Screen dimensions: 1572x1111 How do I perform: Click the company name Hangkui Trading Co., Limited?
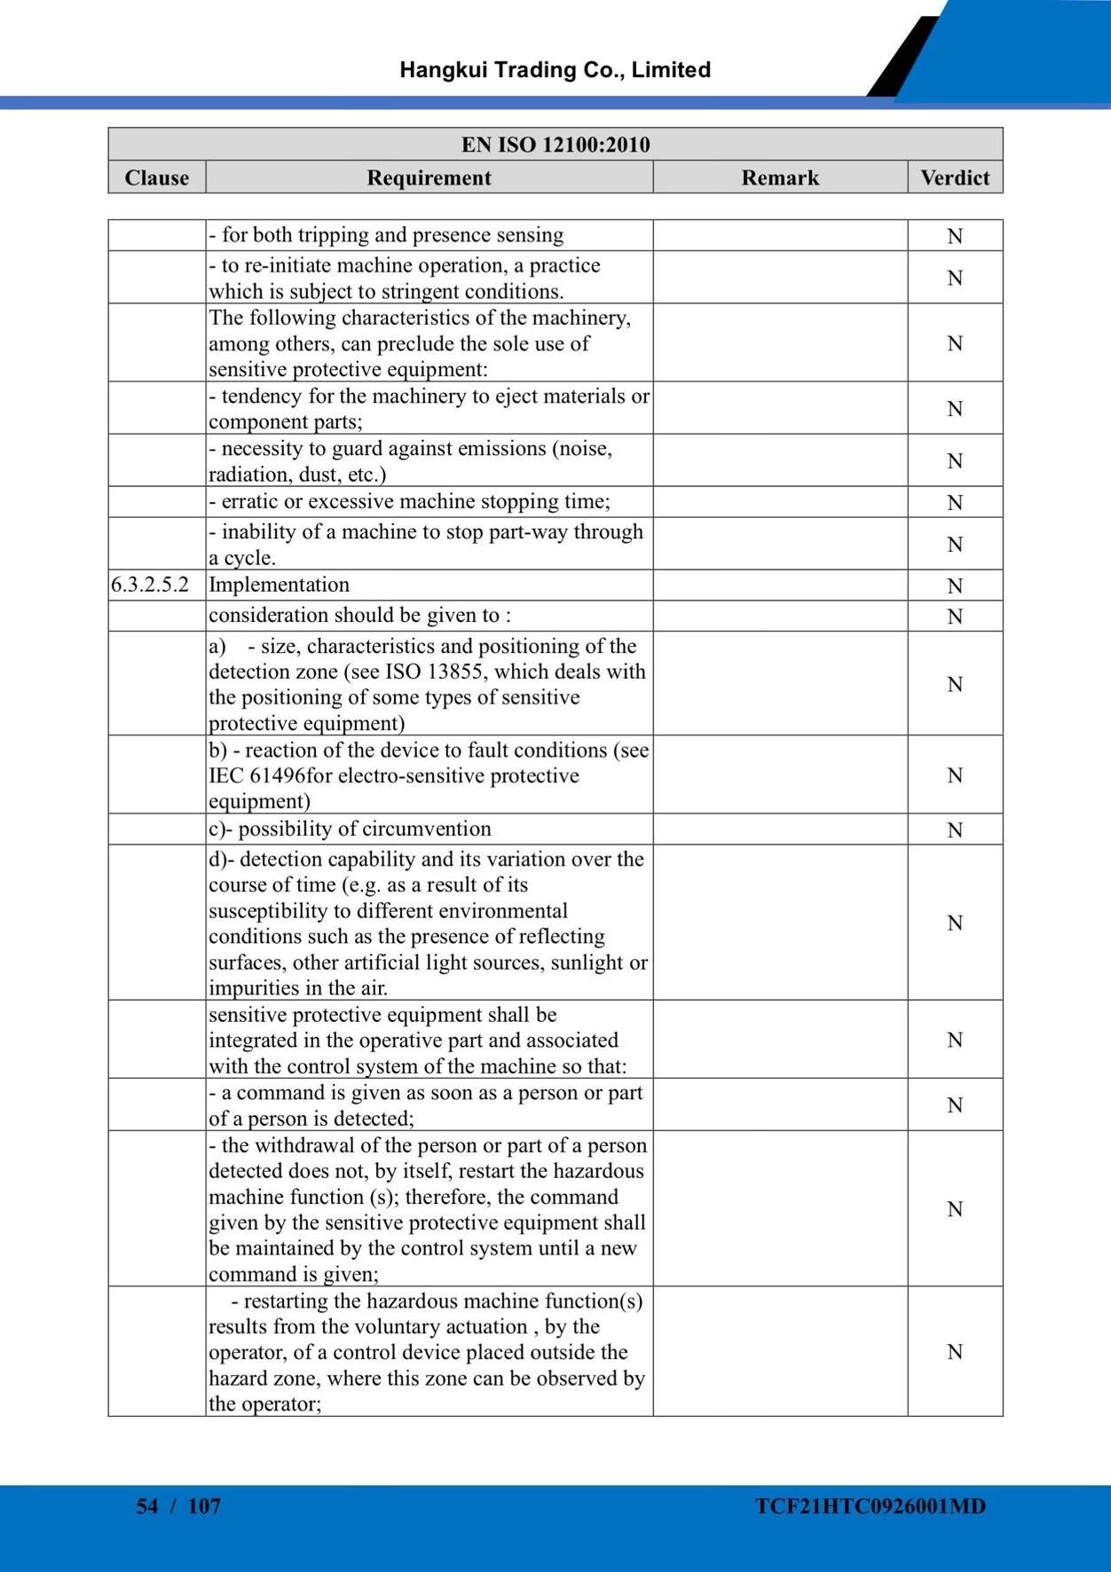(x=555, y=70)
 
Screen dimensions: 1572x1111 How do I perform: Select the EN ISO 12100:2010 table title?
(x=555, y=145)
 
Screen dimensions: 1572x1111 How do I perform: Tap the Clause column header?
(x=157, y=177)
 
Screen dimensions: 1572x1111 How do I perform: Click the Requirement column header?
(x=429, y=177)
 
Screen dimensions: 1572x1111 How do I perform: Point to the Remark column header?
(x=780, y=177)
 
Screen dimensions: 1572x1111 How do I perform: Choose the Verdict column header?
(x=955, y=177)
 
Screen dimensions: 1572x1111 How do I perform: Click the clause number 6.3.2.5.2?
(x=150, y=585)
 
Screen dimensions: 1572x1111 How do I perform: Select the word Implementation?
(x=279, y=585)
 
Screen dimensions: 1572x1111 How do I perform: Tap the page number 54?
(x=147, y=1505)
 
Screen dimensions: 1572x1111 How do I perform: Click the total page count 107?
(x=204, y=1505)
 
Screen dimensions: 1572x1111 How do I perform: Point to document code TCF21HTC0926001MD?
(x=871, y=1505)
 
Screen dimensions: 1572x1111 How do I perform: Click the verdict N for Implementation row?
(x=955, y=586)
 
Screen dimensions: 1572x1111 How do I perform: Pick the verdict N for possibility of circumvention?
(x=955, y=830)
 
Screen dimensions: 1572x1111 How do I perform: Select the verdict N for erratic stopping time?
(x=955, y=503)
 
